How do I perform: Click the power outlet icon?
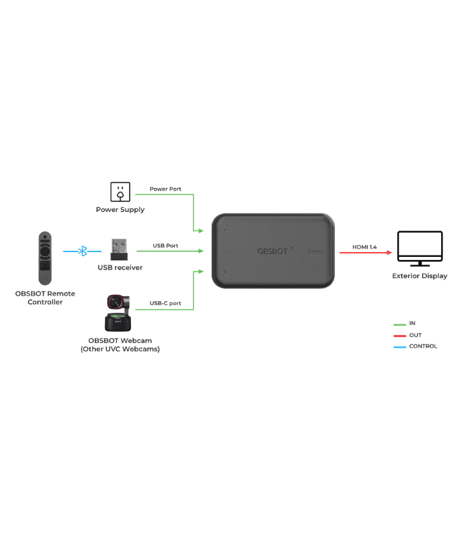(x=120, y=192)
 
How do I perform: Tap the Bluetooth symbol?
(x=83, y=251)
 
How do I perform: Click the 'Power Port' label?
(x=165, y=189)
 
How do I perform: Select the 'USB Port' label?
(x=165, y=245)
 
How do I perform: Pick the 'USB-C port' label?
(x=165, y=303)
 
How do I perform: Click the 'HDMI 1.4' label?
(x=364, y=247)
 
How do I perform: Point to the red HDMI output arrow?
(x=365, y=253)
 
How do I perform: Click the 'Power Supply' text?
(x=120, y=209)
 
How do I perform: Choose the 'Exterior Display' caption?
(x=420, y=276)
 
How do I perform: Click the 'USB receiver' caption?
(x=120, y=267)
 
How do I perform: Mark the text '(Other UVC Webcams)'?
(x=120, y=349)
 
